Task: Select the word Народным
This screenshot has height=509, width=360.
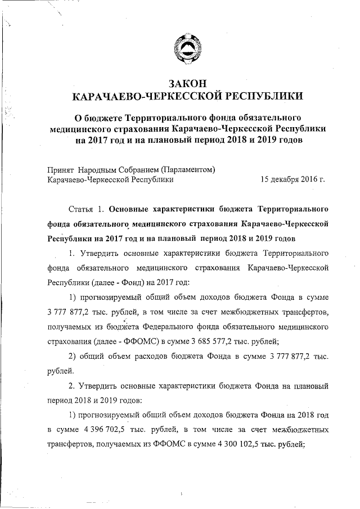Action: point(97,170)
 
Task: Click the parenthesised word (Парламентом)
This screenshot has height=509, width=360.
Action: point(188,170)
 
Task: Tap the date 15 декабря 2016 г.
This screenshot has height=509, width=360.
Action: point(292,180)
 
